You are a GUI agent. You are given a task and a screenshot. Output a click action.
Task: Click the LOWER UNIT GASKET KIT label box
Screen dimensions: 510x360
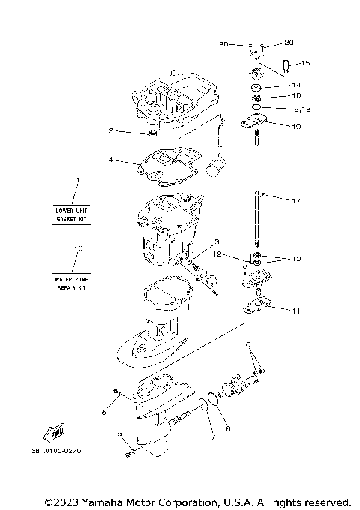72,216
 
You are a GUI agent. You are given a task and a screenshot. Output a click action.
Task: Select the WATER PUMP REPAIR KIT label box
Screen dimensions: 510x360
72,283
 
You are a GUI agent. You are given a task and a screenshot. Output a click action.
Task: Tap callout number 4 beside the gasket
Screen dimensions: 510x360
110,160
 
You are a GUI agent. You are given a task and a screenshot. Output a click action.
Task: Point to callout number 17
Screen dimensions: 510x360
296,202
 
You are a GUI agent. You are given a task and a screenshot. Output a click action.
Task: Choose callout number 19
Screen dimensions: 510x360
296,127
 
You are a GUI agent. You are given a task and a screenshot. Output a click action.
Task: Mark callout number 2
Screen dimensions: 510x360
110,131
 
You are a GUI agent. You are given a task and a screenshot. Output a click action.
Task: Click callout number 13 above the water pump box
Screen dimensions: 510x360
77,248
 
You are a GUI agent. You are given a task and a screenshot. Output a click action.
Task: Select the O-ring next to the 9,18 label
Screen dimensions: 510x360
257,108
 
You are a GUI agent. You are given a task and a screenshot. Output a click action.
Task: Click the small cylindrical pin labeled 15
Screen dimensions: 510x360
286,67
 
